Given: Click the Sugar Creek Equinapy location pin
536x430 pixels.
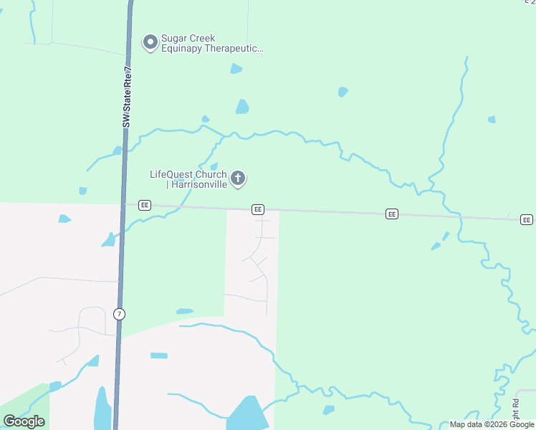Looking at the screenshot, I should coord(150,43).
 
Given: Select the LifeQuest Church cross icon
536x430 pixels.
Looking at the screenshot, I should coord(238,178).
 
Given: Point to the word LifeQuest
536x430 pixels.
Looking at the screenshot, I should coord(172,174).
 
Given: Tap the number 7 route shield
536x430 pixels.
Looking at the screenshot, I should coord(119,314).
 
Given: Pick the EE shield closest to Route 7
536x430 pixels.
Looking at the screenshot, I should coord(145,204).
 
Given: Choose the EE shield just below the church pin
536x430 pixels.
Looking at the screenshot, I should coord(258,209).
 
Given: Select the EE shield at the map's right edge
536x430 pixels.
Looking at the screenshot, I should coord(527,219).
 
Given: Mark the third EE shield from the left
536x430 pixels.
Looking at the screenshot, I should coord(391,214).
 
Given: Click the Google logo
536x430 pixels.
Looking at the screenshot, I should coord(24,421).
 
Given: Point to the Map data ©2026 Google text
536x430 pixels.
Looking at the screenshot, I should coord(492,424).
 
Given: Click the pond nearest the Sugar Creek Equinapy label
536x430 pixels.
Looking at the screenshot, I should coord(236,69).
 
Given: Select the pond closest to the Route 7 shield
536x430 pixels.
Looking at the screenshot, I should coord(185,312).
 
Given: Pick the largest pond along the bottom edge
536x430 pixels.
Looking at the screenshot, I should coord(248,414).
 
